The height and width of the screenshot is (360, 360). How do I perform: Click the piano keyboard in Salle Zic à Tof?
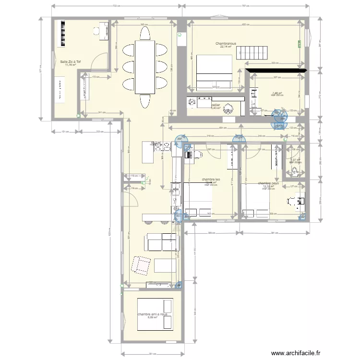tap(62, 33)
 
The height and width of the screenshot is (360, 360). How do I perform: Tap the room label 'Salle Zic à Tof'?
tap(71, 61)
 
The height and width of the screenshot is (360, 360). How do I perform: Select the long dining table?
tap(145, 67)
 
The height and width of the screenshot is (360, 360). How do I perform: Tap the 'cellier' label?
tap(216, 104)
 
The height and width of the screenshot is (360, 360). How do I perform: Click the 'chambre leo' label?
tap(211, 179)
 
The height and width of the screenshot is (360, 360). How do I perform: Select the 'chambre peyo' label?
tap(268, 183)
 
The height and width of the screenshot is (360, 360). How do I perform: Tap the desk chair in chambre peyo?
tap(291, 201)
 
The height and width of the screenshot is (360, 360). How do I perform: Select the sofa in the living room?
tap(158, 242)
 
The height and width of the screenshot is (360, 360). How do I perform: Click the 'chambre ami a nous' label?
tap(152, 314)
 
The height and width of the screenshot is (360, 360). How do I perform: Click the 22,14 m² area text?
tap(226, 47)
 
